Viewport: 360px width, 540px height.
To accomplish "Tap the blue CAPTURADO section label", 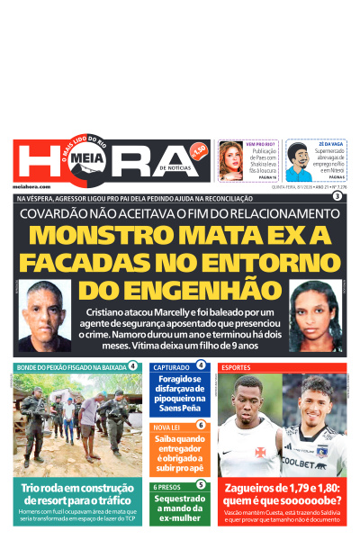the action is [x=171, y=368].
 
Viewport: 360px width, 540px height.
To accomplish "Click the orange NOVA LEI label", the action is [x=167, y=426].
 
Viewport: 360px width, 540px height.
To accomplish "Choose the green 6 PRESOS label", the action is [x=167, y=486].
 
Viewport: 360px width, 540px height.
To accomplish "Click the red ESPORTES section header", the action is [x=237, y=368].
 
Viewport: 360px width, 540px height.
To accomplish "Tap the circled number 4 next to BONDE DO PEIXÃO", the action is [x=133, y=366].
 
